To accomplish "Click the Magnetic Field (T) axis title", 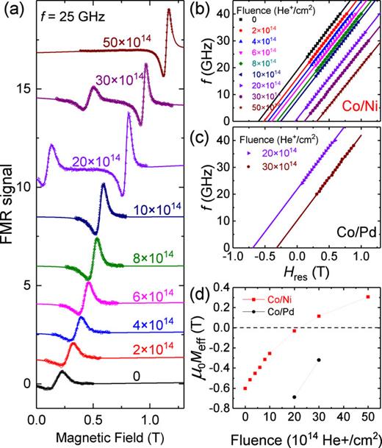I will [x=107, y=438].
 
